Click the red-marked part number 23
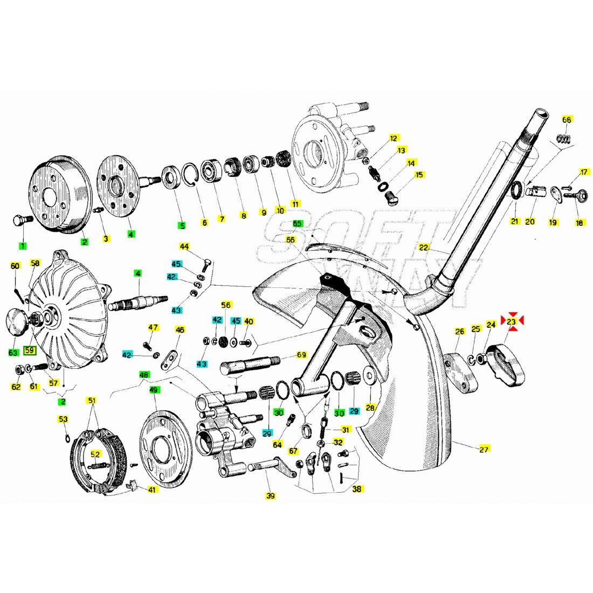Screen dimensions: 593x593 point(512,322)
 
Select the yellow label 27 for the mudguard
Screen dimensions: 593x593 point(484,449)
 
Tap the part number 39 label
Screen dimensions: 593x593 point(271,495)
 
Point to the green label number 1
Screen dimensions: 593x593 point(22,246)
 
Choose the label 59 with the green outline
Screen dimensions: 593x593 point(30,350)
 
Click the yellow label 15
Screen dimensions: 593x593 point(419,175)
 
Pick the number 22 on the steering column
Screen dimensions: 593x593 point(424,247)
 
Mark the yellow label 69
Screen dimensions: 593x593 point(301,355)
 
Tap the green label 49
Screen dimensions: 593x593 point(154,389)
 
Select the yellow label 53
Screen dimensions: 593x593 point(63,419)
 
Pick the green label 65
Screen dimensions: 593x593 point(297,223)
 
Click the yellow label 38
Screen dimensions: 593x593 point(357,489)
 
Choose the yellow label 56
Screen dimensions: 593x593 point(226,305)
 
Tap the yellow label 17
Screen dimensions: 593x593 point(584,173)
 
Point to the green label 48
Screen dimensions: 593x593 point(143,374)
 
